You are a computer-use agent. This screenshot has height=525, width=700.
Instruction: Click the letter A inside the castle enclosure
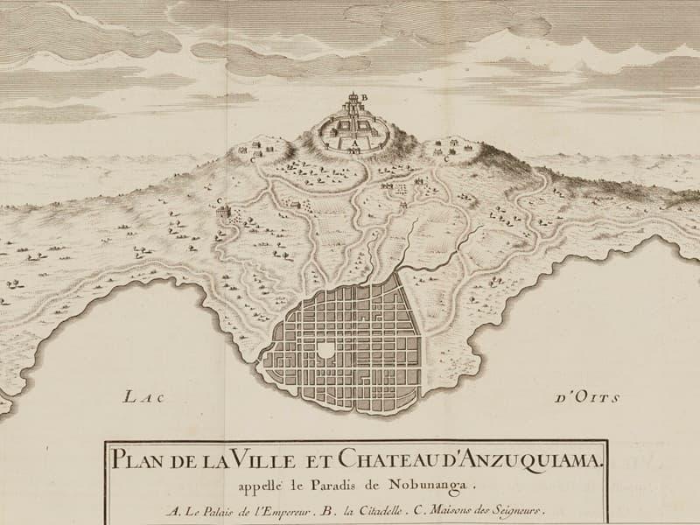click(354, 139)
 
